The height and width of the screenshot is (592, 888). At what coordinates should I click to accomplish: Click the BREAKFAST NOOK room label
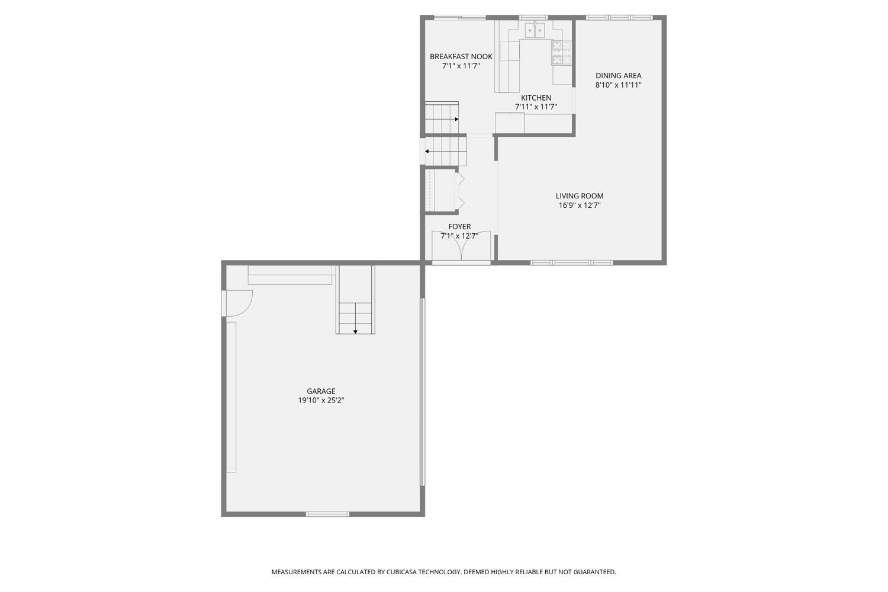pyautogui.click(x=461, y=57)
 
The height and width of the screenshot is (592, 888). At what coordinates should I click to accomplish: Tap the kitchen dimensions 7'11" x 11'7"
pyautogui.click(x=536, y=107)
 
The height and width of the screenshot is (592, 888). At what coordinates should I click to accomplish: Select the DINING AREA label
pyautogui.click(x=619, y=75)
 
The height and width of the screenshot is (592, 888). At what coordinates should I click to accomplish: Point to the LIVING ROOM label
pyautogui.click(x=580, y=196)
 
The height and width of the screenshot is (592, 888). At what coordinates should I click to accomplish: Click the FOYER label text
pyautogui.click(x=459, y=226)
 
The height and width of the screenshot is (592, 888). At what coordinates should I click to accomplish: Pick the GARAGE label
pyautogui.click(x=321, y=391)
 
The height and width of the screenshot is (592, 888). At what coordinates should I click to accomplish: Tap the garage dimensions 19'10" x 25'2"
pyautogui.click(x=321, y=400)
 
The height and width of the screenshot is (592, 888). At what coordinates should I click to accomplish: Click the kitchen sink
pyautogui.click(x=535, y=30)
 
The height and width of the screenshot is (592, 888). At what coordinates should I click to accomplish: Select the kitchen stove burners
pyautogui.click(x=562, y=53)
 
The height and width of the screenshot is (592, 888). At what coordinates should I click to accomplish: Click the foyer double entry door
pyautogui.click(x=461, y=246)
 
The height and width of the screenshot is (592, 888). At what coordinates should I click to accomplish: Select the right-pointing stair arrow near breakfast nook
pyautogui.click(x=442, y=119)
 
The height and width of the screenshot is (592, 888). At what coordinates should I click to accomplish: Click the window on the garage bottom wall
pyautogui.click(x=327, y=514)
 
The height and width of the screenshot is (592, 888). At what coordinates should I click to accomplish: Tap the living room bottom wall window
pyautogui.click(x=572, y=262)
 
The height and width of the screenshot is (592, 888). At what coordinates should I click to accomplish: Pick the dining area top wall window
pyautogui.click(x=619, y=17)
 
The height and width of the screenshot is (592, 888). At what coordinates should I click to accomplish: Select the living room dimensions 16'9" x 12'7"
pyautogui.click(x=580, y=205)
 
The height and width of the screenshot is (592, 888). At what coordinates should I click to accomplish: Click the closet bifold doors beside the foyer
pyautogui.click(x=460, y=191)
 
